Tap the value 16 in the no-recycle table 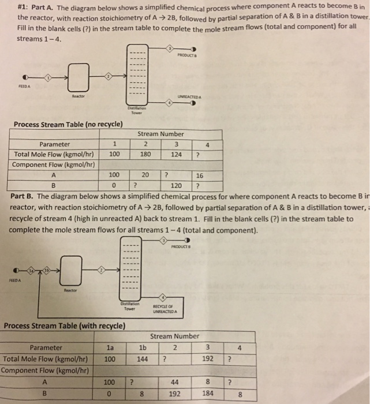click(200, 175)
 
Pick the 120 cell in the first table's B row click(176, 185)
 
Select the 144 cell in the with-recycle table click(143, 358)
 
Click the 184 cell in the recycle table click(208, 394)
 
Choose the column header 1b click(143, 347)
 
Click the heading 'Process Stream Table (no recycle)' click(68, 124)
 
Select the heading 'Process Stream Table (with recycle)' click(64, 326)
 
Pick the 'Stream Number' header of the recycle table click(174, 336)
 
